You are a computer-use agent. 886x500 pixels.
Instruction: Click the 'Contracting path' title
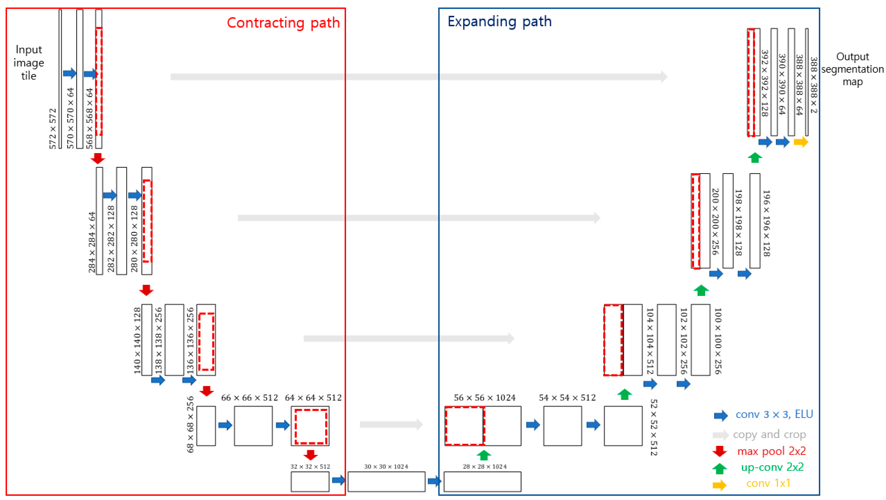tap(283, 23)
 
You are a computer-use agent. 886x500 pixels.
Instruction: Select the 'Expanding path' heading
tap(499, 22)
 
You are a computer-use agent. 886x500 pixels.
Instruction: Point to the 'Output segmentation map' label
tap(852, 69)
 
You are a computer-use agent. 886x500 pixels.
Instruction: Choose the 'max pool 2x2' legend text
tap(771, 451)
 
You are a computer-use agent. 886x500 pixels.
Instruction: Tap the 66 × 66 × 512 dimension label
tap(249, 398)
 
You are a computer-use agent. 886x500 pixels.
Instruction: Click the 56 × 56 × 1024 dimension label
tap(485, 398)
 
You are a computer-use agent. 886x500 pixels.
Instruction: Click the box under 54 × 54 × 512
tap(562, 426)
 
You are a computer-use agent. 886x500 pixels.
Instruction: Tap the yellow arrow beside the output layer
tap(801, 142)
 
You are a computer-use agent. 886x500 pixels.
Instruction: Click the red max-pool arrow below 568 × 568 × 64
tap(98, 158)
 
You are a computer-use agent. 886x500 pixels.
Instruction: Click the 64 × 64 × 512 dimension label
tap(313, 398)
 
